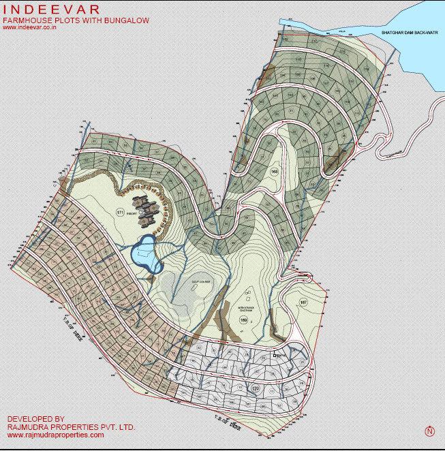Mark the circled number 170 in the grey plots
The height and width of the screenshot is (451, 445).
click(x=255, y=388)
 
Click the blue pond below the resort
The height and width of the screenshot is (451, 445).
click(x=144, y=253)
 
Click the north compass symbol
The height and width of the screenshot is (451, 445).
click(x=429, y=431)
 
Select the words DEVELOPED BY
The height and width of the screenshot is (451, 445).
click(x=35, y=419)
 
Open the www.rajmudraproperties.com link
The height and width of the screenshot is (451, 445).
click(x=55, y=435)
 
